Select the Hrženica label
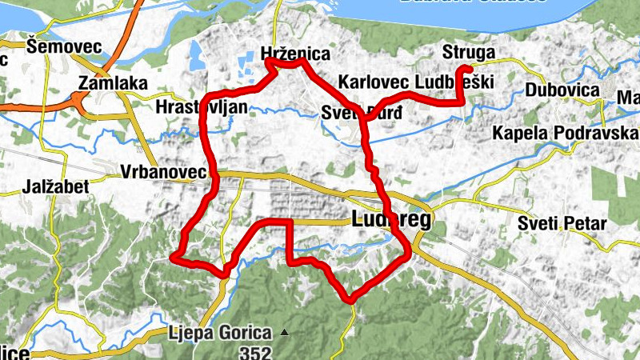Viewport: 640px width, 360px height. point(295,54)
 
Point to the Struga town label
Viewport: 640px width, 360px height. point(469,54)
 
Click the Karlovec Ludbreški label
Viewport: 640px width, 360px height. point(416,82)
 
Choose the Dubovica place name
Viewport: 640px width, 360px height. point(562,90)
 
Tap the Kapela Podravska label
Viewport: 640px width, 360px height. point(565,132)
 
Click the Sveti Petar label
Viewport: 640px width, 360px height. point(562,223)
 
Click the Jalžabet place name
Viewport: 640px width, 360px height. point(33,190)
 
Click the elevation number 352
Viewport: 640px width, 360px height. point(256,350)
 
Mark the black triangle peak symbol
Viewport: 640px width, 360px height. point(282,331)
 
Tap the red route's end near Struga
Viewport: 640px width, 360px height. point(465,67)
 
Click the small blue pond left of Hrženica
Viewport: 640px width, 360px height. point(194,54)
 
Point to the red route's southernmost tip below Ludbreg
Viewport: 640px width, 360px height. point(350,301)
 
